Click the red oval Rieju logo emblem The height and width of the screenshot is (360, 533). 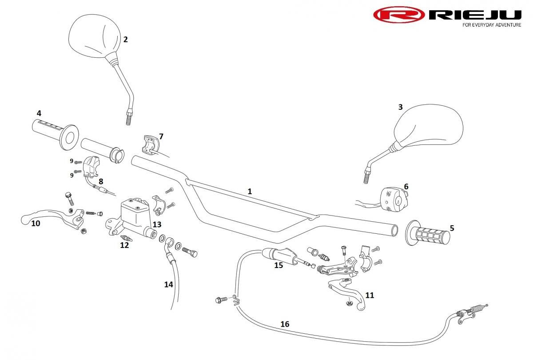tap(399, 15)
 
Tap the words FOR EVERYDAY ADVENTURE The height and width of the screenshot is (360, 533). tap(492, 25)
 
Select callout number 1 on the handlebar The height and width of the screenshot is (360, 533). tap(250, 192)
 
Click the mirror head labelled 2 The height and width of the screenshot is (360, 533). tap(94, 36)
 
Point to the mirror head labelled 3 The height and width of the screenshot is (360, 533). tap(428, 125)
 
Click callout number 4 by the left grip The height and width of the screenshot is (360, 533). tap(39, 113)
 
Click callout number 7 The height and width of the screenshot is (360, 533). tap(161, 136)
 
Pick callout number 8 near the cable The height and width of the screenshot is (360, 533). tap(101, 181)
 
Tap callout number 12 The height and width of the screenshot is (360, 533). tap(124, 245)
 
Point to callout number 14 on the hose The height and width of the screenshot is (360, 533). tap(168, 284)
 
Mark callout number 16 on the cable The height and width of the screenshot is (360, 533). tap(285, 324)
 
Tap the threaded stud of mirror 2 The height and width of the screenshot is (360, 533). tap(128, 118)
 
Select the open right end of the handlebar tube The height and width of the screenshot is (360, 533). tap(394, 230)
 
